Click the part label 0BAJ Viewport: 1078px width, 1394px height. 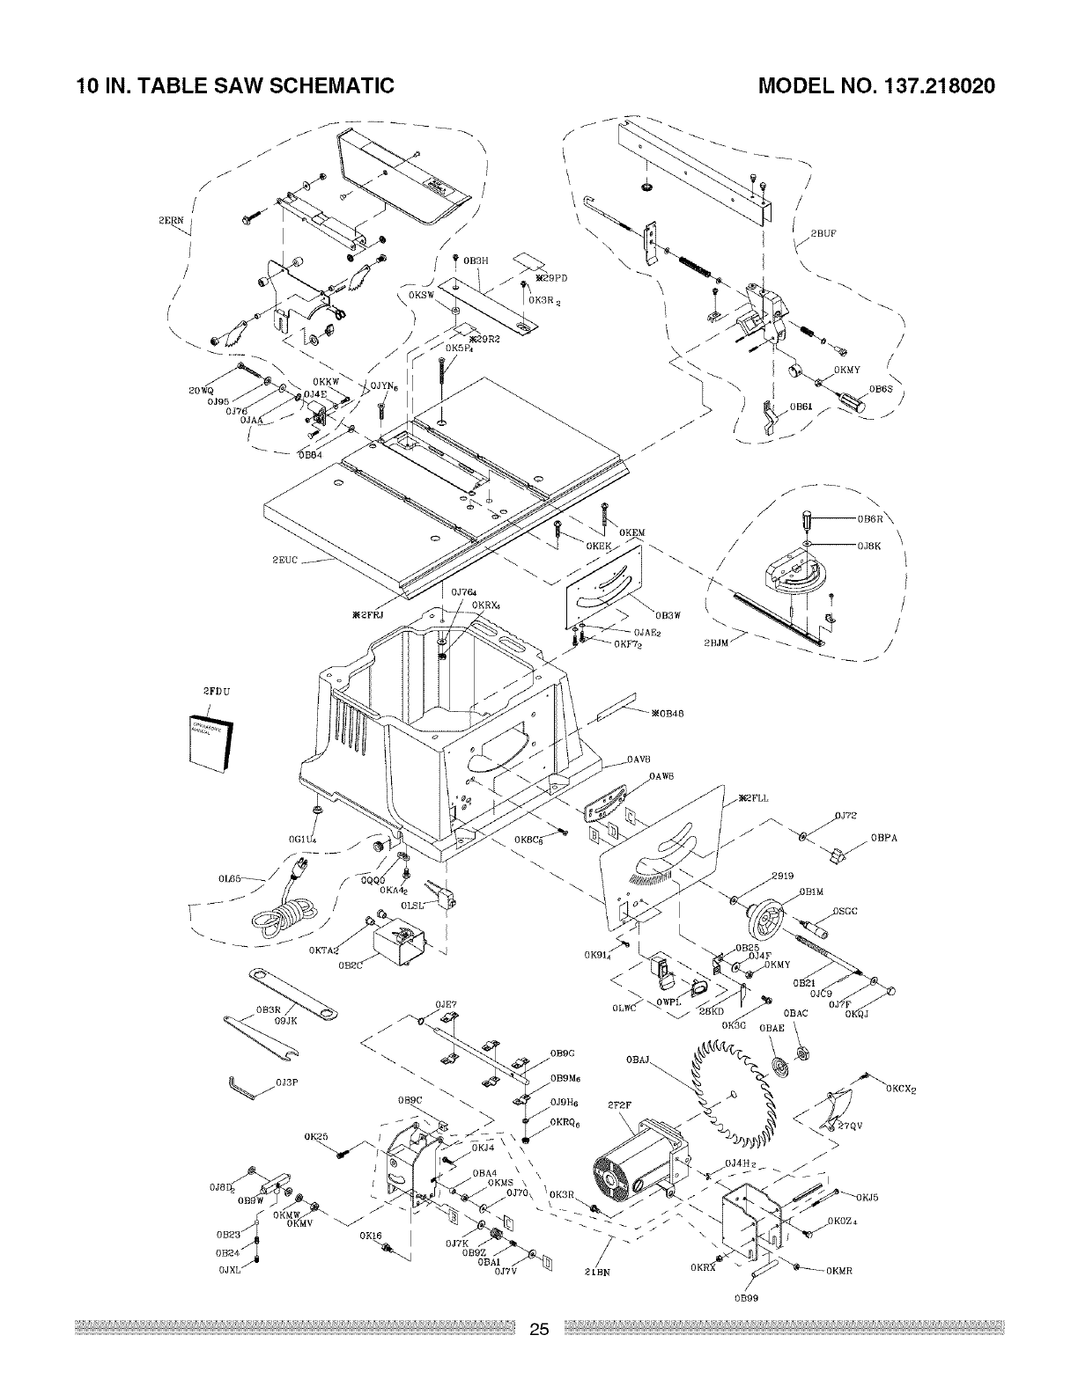[x=639, y=1060]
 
